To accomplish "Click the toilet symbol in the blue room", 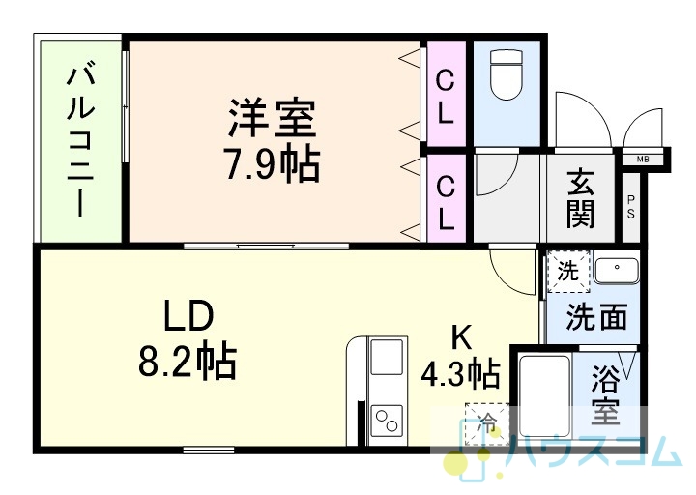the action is click(x=507, y=74).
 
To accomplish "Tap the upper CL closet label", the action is click(x=446, y=98).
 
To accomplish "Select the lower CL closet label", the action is click(x=446, y=202).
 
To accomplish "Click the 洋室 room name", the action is click(x=272, y=118).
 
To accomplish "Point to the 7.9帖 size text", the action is click(x=272, y=163).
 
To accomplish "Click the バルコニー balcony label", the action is click(x=80, y=141).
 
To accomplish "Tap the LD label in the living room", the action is click(x=188, y=315).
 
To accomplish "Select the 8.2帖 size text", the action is click(x=188, y=360).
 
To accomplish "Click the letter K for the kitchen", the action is click(x=461, y=337).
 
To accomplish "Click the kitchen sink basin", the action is click(x=387, y=357).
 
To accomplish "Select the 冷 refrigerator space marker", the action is click(x=487, y=424).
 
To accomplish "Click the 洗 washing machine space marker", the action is click(x=568, y=272).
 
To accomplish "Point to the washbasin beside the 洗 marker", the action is click(x=617, y=270).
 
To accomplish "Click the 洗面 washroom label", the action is click(x=596, y=317).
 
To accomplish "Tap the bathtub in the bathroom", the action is click(x=544, y=395).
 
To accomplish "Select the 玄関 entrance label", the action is click(x=580, y=198).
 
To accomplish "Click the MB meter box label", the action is click(x=642, y=159).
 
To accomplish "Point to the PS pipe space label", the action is click(x=630, y=207).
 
